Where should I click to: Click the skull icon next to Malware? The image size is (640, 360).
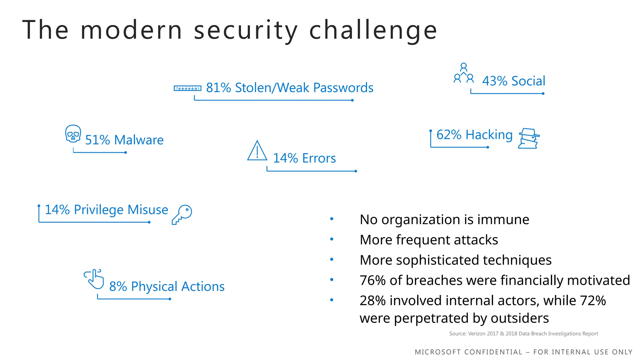73,134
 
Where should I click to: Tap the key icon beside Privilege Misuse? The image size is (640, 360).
182,214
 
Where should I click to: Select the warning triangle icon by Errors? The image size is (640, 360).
257,151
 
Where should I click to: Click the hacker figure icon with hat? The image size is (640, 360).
528,138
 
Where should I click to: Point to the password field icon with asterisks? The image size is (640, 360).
187,88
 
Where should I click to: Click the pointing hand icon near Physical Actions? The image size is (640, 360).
94,279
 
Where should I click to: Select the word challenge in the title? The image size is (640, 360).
373,30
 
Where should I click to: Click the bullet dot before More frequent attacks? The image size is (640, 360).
332,239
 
